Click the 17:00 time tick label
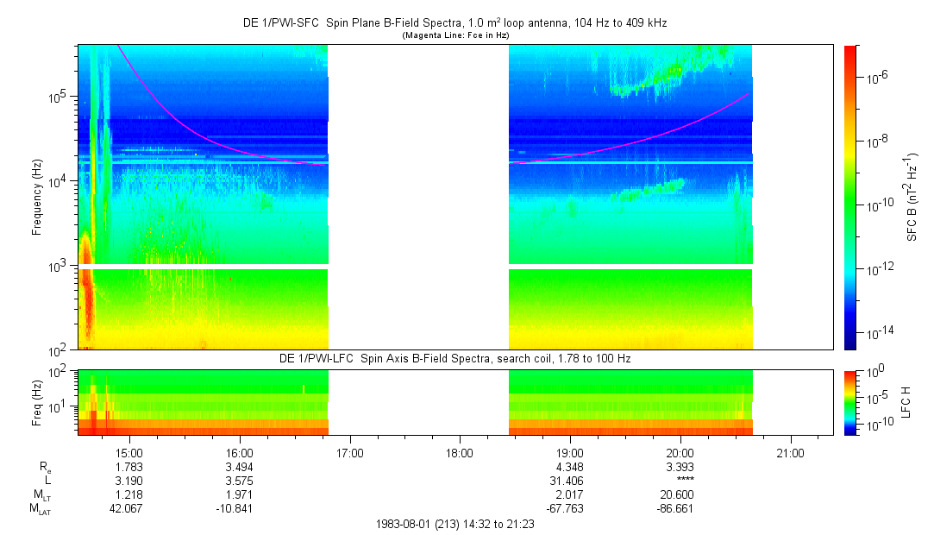(x=349, y=452)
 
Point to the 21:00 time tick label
(x=791, y=452)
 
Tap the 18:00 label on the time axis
(x=460, y=452)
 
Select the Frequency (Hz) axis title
(x=37, y=198)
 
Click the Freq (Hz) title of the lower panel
(x=37, y=402)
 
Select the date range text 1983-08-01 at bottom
(x=455, y=524)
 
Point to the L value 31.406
(x=570, y=481)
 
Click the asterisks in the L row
(x=680, y=481)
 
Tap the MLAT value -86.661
(x=677, y=509)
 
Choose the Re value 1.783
(x=129, y=467)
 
